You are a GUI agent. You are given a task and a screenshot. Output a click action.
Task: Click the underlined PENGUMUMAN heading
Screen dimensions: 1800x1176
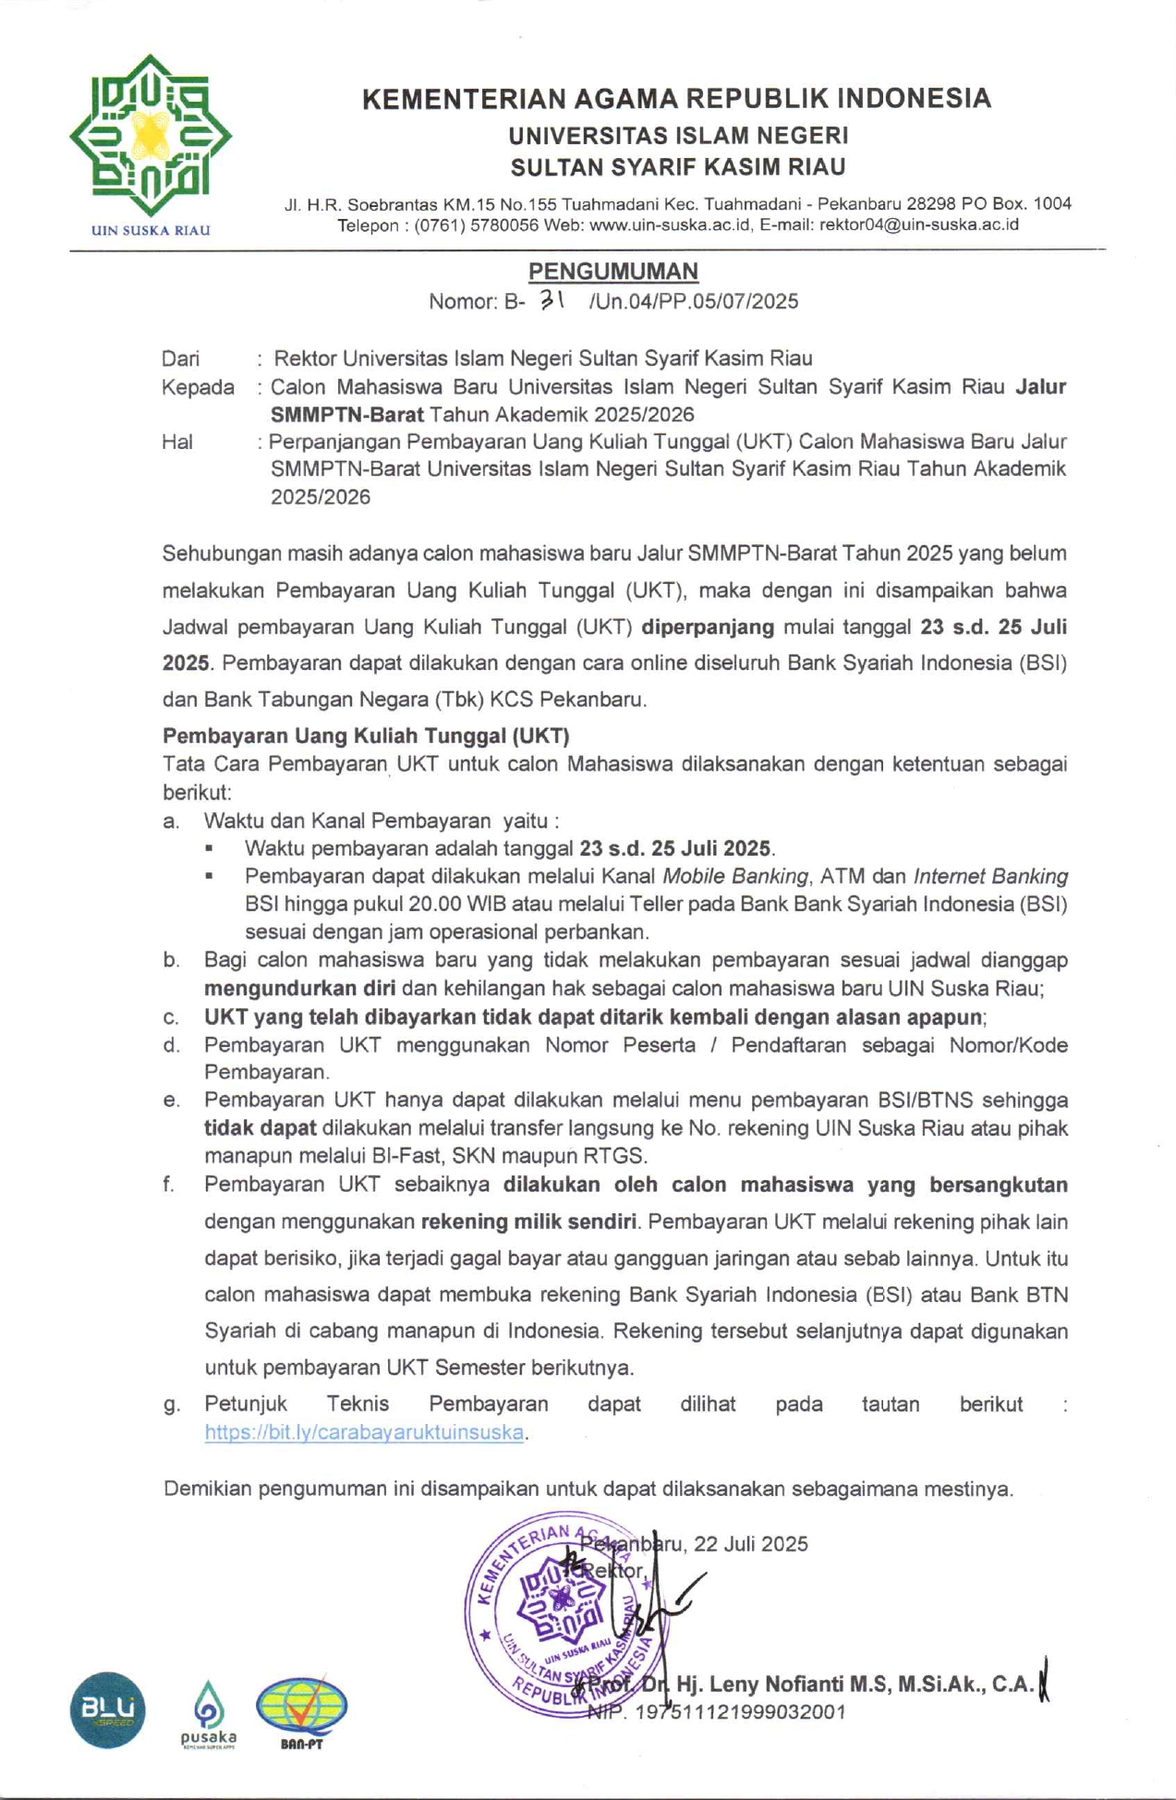(612, 271)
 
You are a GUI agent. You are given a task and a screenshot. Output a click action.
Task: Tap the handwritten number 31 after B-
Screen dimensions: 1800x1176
(552, 298)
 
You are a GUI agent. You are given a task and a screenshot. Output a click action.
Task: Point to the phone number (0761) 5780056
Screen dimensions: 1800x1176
(476, 225)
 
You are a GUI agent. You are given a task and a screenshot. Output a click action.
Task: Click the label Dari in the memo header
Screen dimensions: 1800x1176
(180, 359)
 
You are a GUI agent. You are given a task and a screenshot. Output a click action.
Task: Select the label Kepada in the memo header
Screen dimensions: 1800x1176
(198, 387)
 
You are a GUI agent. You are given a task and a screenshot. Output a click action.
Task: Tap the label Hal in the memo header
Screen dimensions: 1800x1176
(176, 442)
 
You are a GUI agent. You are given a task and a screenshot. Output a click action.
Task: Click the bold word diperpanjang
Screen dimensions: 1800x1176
(708, 626)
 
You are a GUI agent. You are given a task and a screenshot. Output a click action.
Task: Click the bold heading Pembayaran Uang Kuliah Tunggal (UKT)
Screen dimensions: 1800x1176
(366, 736)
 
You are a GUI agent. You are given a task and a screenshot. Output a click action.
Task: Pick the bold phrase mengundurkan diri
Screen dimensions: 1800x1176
(299, 988)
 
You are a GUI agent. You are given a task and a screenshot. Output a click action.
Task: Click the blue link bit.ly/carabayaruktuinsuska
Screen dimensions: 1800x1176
(365, 1432)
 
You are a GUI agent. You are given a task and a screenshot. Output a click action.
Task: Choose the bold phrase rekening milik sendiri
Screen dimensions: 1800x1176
(528, 1222)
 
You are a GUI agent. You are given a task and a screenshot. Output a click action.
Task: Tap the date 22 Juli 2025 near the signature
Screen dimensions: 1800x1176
(751, 1544)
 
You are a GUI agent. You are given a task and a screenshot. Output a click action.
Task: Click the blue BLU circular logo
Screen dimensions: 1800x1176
(107, 1709)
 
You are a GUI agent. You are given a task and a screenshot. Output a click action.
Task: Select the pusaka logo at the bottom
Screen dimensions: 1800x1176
(209, 1714)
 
